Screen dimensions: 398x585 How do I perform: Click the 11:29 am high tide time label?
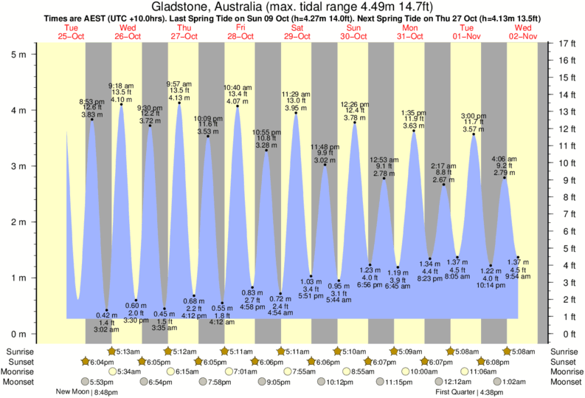(x=296, y=94)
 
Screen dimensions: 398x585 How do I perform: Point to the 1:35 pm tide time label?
(x=414, y=113)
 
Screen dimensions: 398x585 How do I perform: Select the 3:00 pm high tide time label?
(x=473, y=116)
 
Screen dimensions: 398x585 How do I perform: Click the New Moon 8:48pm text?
(x=88, y=392)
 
